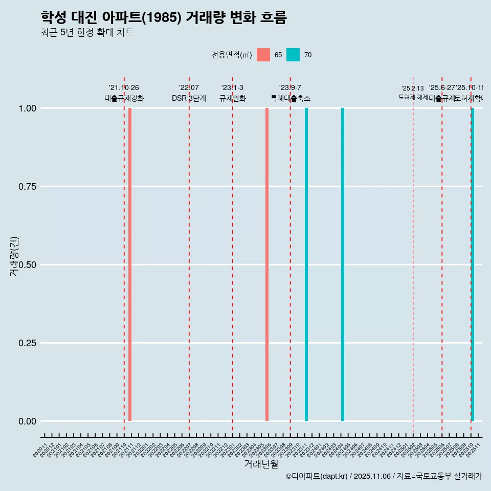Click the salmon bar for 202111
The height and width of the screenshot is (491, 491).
[130, 264]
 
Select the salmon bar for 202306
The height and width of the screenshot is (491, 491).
[267, 264]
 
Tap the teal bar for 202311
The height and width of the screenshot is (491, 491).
[306, 264]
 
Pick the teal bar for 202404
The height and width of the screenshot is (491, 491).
[343, 264]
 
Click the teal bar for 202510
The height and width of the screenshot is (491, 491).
[473, 264]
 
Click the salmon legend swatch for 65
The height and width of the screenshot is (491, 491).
[263, 55]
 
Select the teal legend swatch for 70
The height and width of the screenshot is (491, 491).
[293, 55]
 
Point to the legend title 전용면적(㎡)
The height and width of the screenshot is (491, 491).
[231, 55]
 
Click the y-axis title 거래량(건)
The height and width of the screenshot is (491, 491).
[14, 257]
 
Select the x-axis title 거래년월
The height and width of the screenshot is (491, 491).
[261, 464]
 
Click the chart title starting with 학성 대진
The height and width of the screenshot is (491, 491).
[164, 18]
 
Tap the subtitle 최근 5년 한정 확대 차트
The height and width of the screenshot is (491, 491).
[87, 33]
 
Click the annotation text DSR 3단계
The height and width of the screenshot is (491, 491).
[189, 98]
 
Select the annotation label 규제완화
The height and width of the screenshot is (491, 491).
[233, 98]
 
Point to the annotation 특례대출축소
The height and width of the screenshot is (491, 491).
[291, 98]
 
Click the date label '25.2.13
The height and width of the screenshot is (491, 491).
[413, 88]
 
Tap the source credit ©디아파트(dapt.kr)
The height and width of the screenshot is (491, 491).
[317, 476]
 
